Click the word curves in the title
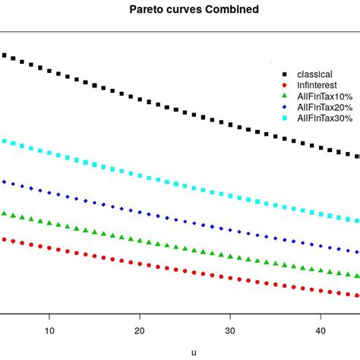tap(177, 10)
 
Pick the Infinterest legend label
tap(317, 85)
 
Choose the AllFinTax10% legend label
tap(324, 96)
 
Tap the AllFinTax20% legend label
tap(324, 107)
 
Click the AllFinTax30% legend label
tap(324, 118)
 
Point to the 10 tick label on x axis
tap(49, 330)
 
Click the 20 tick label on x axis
tap(139, 330)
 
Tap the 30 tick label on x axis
tap(229, 330)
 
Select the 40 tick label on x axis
tap(320, 330)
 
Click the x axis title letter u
tap(194, 352)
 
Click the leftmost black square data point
tap(4, 55)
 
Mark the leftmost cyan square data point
tap(4, 141)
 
